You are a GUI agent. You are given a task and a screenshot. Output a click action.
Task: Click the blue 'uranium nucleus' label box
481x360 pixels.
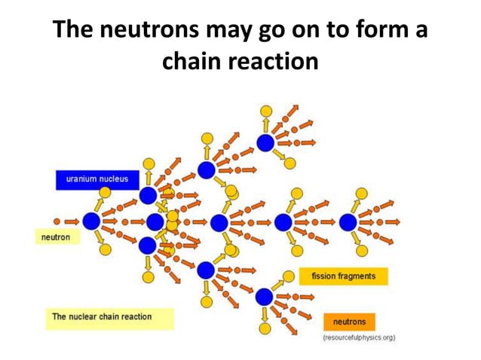pos(97,179)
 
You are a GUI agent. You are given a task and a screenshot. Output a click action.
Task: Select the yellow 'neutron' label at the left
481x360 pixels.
pos(56,237)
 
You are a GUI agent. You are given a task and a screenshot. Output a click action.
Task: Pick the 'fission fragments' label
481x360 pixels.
pos(343,276)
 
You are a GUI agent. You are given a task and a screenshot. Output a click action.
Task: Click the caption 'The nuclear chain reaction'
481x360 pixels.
pos(102,316)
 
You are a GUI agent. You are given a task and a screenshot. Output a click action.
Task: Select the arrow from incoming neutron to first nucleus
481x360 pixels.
pos(72,221)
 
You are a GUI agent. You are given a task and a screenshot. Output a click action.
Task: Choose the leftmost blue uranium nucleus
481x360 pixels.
pos(91,221)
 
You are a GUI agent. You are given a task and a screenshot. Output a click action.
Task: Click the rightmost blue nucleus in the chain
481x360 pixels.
pos(348,222)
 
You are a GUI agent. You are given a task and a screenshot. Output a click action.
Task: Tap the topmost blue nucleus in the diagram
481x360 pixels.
pos(265,143)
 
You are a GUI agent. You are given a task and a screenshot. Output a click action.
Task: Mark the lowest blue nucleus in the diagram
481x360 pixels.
pos(264,297)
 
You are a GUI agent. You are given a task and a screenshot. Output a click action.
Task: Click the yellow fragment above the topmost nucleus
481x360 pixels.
pos(265,111)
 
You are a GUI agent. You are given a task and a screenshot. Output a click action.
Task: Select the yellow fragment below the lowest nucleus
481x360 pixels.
pos(265,329)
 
